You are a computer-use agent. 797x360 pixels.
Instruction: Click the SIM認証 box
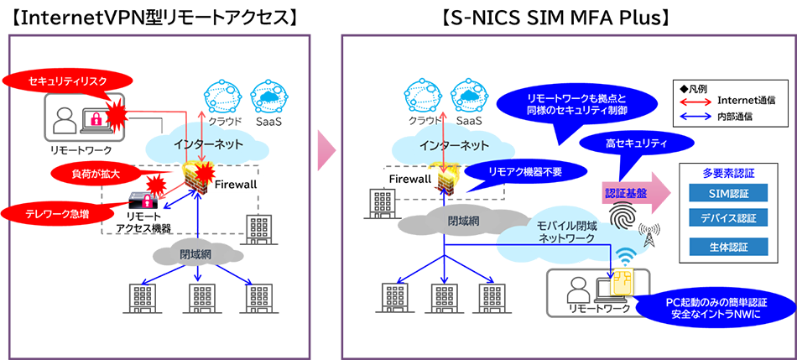pyautogui.click(x=727, y=194)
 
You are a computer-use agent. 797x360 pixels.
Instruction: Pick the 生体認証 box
pyautogui.click(x=727, y=247)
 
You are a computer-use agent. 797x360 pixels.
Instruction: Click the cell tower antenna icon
pyautogui.click(x=649, y=236)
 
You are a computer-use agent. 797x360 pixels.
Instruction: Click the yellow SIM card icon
pyautogui.click(x=623, y=284)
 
